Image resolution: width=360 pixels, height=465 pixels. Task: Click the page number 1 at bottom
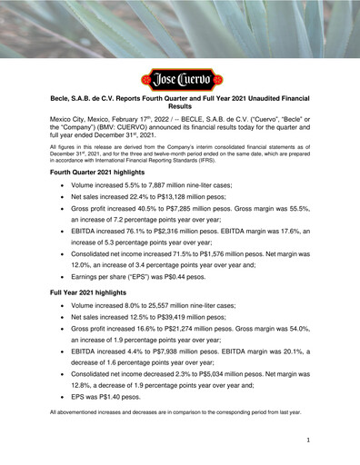(x=309, y=440)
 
